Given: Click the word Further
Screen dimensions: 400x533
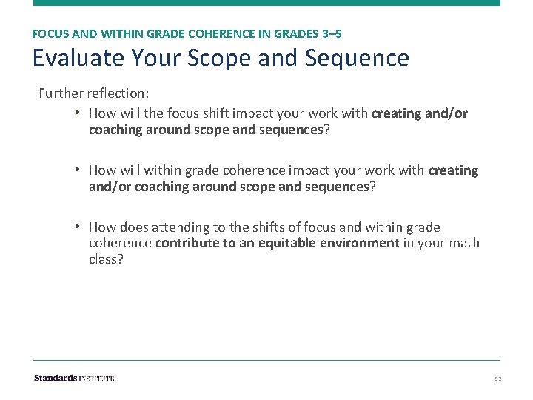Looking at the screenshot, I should (62, 94).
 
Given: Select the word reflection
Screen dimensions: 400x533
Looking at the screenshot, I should (119, 94).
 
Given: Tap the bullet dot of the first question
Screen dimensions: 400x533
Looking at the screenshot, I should (78, 113).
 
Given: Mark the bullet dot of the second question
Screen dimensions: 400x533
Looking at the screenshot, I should (78, 170).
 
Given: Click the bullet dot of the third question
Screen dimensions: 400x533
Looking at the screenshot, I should (78, 227).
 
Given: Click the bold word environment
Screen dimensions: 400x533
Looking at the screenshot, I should (363, 243).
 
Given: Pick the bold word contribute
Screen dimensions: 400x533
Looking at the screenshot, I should (185, 243).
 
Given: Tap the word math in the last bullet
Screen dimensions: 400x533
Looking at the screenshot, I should (465, 243).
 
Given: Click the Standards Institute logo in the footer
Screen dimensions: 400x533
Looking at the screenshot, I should (74, 378).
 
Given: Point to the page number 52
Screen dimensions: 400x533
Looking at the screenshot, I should (498, 379).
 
